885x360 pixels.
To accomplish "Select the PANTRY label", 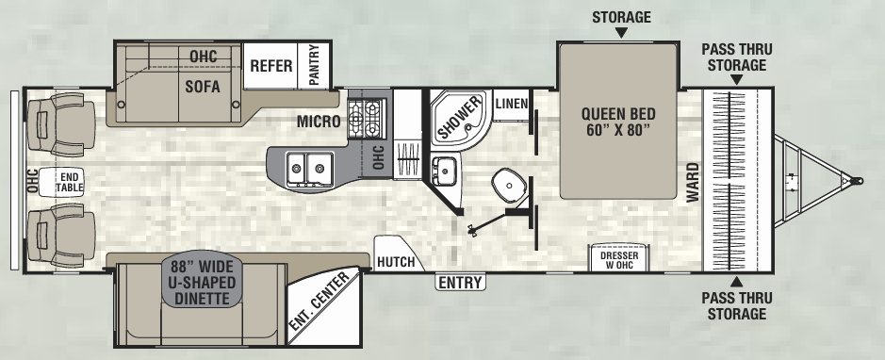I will (315, 66).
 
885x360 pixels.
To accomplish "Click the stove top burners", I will (366, 118).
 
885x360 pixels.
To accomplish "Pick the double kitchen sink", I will (306, 168).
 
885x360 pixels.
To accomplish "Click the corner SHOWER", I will (459, 120).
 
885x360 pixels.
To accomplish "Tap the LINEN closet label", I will (511, 103).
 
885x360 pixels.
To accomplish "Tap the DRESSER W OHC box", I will (615, 258).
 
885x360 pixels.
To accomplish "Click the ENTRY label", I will (460, 282).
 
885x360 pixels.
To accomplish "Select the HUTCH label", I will (396, 261).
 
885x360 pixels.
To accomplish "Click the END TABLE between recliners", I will (69, 182).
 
